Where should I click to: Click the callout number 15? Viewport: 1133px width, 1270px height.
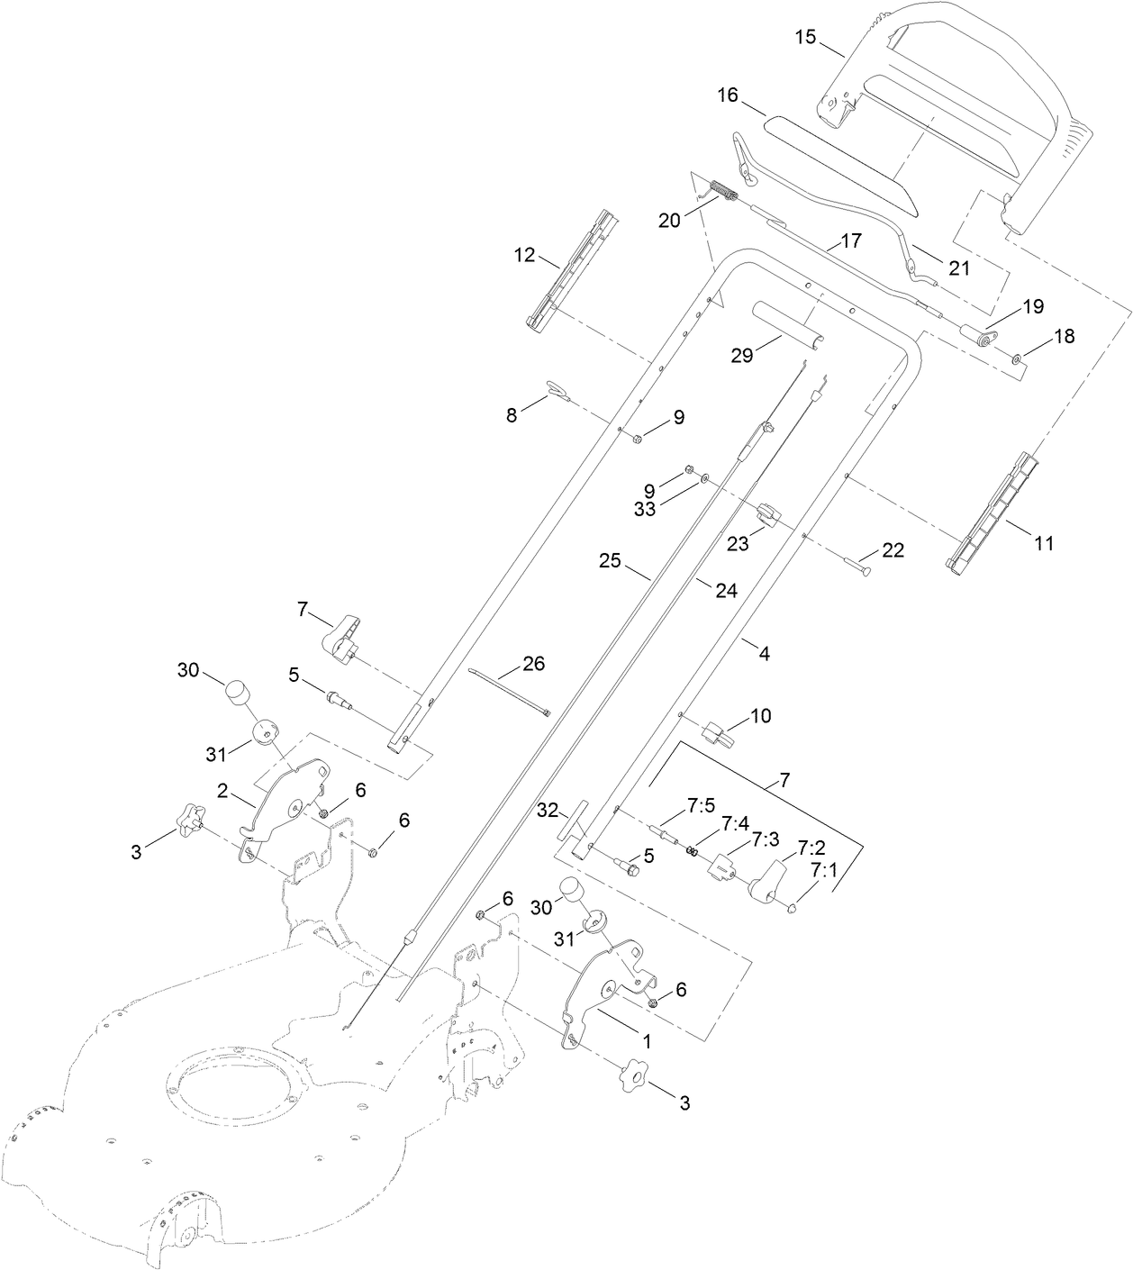805,37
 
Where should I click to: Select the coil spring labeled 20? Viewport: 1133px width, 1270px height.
723,193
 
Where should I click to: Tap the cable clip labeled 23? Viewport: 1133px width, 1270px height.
769,514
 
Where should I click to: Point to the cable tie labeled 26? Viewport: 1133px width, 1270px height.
509,690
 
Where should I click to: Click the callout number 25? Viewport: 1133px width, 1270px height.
610,560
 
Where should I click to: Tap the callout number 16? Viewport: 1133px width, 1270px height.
728,95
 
